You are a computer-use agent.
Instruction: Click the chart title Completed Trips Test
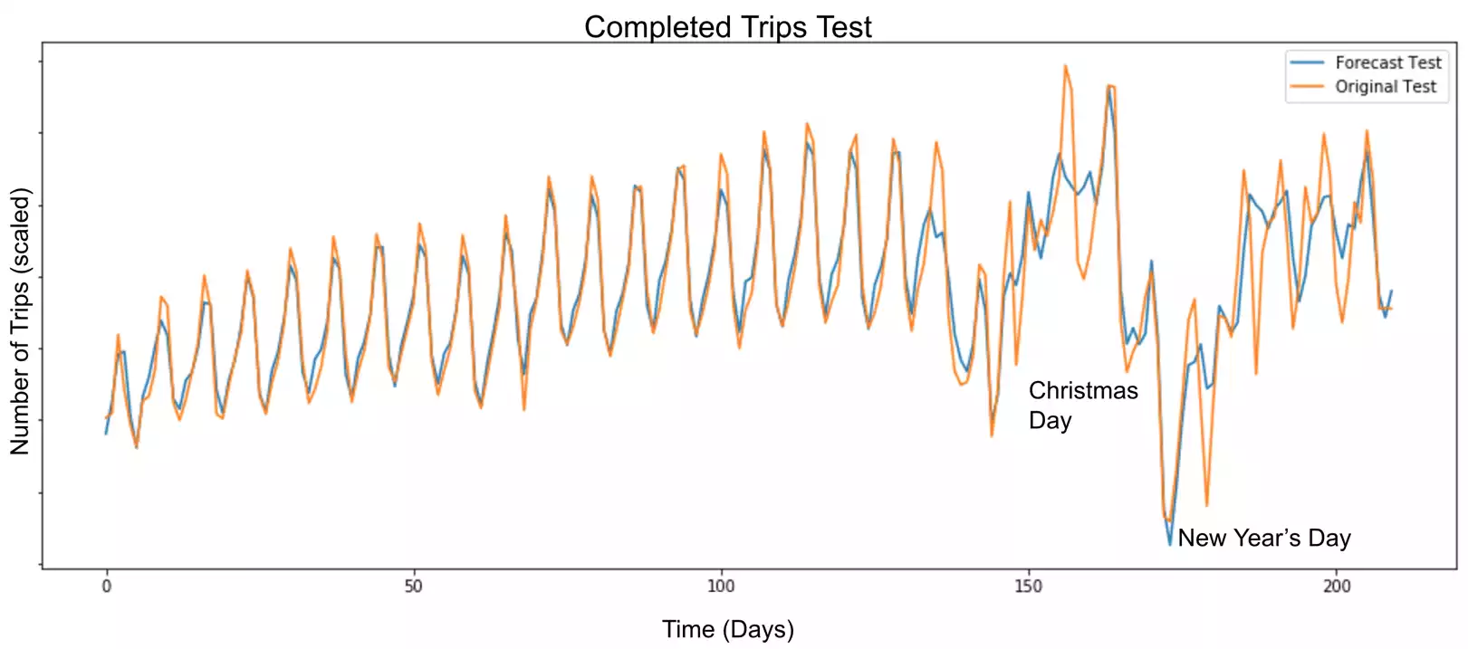[x=727, y=27]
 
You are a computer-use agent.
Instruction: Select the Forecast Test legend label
[x=1387, y=62]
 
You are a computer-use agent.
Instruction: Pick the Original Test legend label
[x=1386, y=87]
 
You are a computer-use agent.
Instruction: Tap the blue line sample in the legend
[x=1307, y=62]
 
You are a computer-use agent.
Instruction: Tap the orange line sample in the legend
[x=1307, y=87]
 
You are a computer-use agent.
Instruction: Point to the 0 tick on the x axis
[x=107, y=586]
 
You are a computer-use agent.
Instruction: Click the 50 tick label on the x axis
[x=413, y=586]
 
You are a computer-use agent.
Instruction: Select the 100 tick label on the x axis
[x=721, y=586]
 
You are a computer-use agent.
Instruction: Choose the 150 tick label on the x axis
[x=1028, y=586]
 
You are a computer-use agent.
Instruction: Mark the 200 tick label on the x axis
[x=1336, y=586]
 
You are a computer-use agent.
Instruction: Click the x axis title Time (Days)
[x=727, y=629]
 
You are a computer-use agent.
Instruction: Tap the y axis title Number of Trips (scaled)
[x=20, y=320]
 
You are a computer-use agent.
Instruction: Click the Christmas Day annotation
[x=1082, y=405]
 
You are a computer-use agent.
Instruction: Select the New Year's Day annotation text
[x=1263, y=538]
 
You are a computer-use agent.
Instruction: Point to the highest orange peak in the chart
[x=1065, y=65]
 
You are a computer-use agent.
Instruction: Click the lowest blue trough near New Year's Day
[x=1170, y=544]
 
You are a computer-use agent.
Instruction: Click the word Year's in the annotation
[x=1266, y=538]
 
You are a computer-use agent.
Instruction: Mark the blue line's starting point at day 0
[x=107, y=434]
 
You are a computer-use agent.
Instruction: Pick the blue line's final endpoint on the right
[x=1391, y=291]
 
